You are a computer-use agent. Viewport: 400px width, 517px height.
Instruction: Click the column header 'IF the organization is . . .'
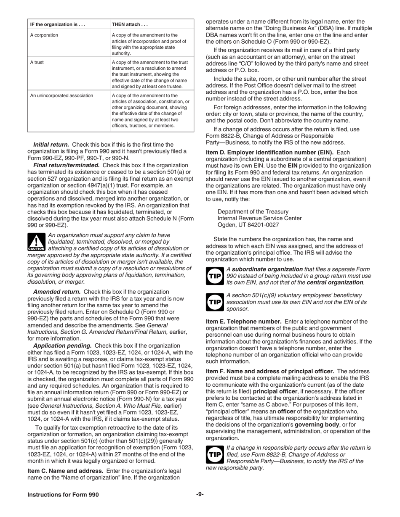[x=58, y=24]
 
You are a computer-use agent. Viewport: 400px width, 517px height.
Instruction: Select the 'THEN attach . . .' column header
[x=130, y=24]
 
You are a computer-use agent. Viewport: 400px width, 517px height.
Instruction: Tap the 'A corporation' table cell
[x=44, y=35]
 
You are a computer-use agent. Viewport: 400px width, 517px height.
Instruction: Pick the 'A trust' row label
[x=37, y=63]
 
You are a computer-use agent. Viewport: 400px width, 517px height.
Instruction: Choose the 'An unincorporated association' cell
[x=61, y=95]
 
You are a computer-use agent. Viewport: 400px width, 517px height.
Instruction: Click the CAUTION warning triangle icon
[x=36, y=242]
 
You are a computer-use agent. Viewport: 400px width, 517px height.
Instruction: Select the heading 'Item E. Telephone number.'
[x=243, y=322]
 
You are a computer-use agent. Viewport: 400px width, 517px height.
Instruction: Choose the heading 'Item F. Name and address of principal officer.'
[x=270, y=371]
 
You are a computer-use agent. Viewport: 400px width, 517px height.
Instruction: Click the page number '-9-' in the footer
[x=200, y=494]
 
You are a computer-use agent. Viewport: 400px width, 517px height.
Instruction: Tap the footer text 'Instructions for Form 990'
[x=63, y=495]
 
